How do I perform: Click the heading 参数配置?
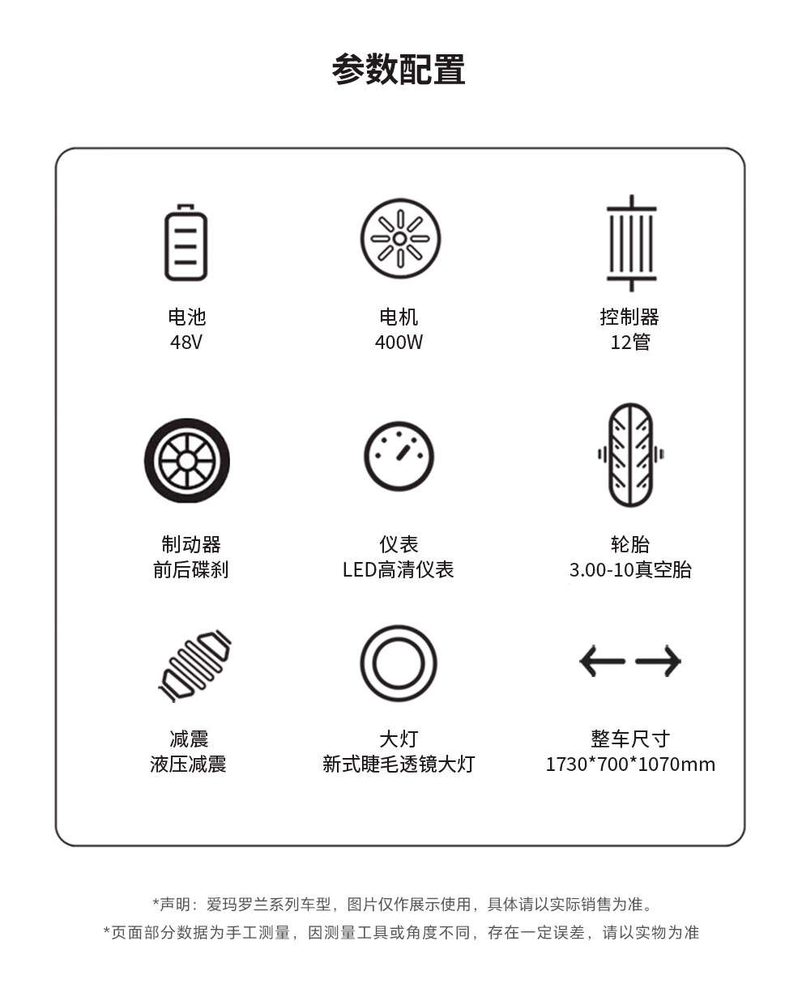[x=398, y=69]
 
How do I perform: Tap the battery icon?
[x=186, y=242]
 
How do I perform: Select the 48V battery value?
[x=186, y=342]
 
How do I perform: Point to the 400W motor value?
[x=399, y=342]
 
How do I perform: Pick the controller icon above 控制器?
[x=631, y=243]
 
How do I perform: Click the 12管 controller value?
[x=630, y=342]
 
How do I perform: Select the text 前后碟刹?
[x=190, y=569]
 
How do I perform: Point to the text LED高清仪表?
[x=398, y=569]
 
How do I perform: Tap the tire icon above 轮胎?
[x=631, y=455]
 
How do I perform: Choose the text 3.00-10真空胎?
[x=630, y=569]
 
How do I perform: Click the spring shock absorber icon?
[x=194, y=666]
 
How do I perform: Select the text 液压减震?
[x=188, y=764]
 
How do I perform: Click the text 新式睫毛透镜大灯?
[x=399, y=764]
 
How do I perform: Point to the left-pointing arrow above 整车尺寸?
[x=602, y=661]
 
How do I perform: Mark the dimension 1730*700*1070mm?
[x=630, y=764]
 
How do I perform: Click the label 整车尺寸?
[x=630, y=739]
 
